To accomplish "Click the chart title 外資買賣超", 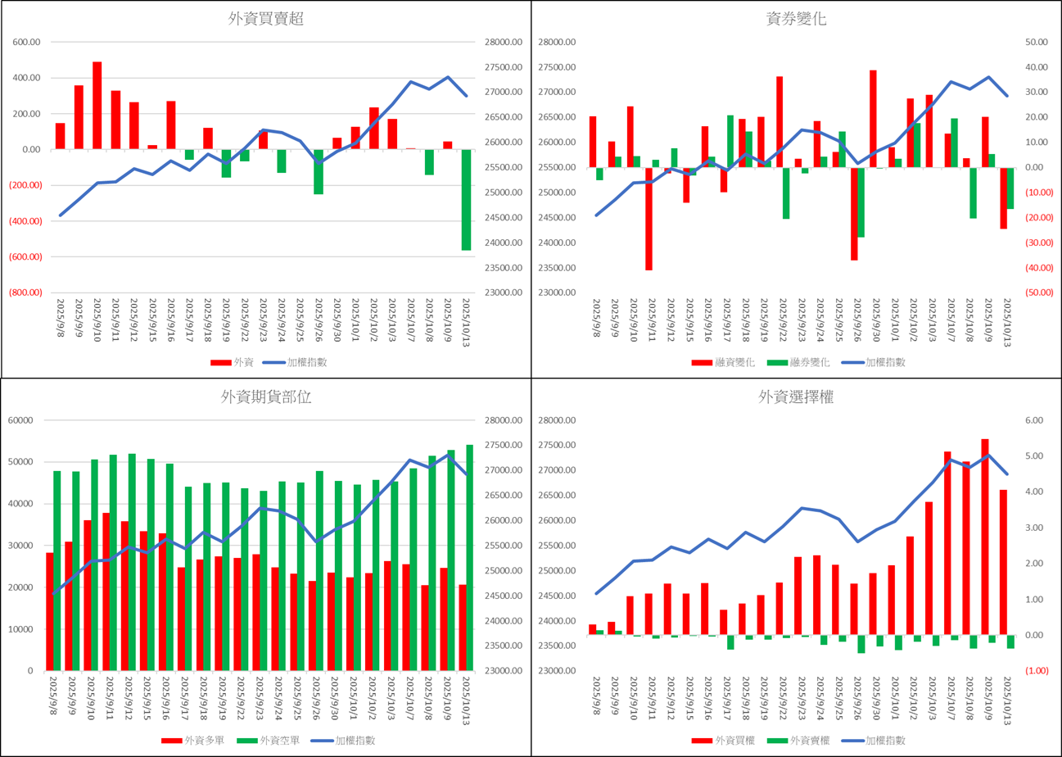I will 266,20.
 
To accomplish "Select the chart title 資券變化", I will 795,20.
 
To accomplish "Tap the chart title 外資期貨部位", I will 266,397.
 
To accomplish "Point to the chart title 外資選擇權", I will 795,397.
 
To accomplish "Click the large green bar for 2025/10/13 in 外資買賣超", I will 466,200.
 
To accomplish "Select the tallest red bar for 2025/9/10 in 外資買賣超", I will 97,105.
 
